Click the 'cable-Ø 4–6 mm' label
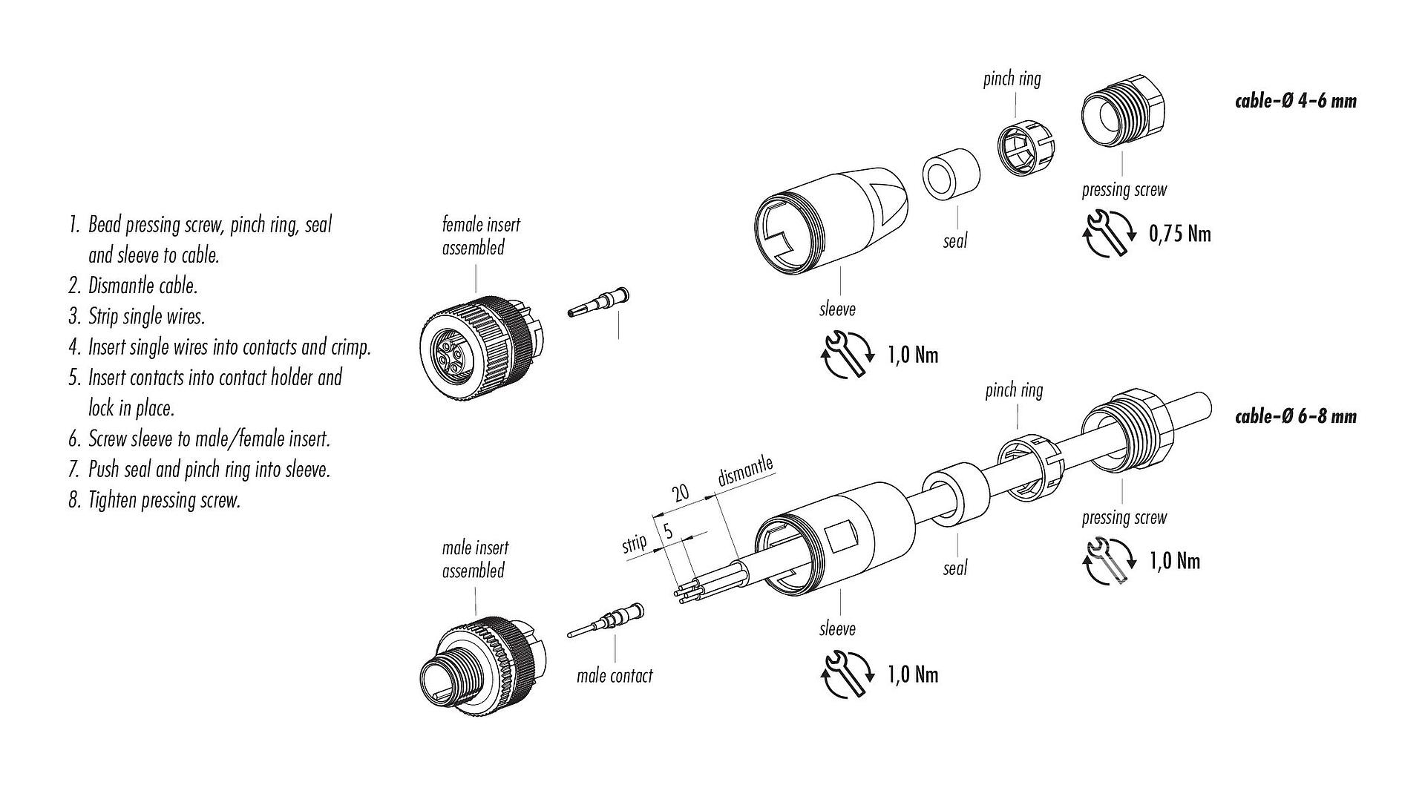click(1295, 101)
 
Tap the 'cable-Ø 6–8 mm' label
click(1295, 416)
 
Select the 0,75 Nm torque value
click(1179, 234)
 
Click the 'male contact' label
click(615, 676)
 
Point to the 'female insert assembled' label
click(481, 236)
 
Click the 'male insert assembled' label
click(475, 559)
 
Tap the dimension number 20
click(680, 492)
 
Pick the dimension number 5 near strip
click(668, 531)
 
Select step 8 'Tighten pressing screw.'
click(164, 500)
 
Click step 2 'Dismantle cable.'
click(142, 286)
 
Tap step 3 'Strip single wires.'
click(146, 317)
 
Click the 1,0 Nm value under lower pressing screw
click(1175, 562)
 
